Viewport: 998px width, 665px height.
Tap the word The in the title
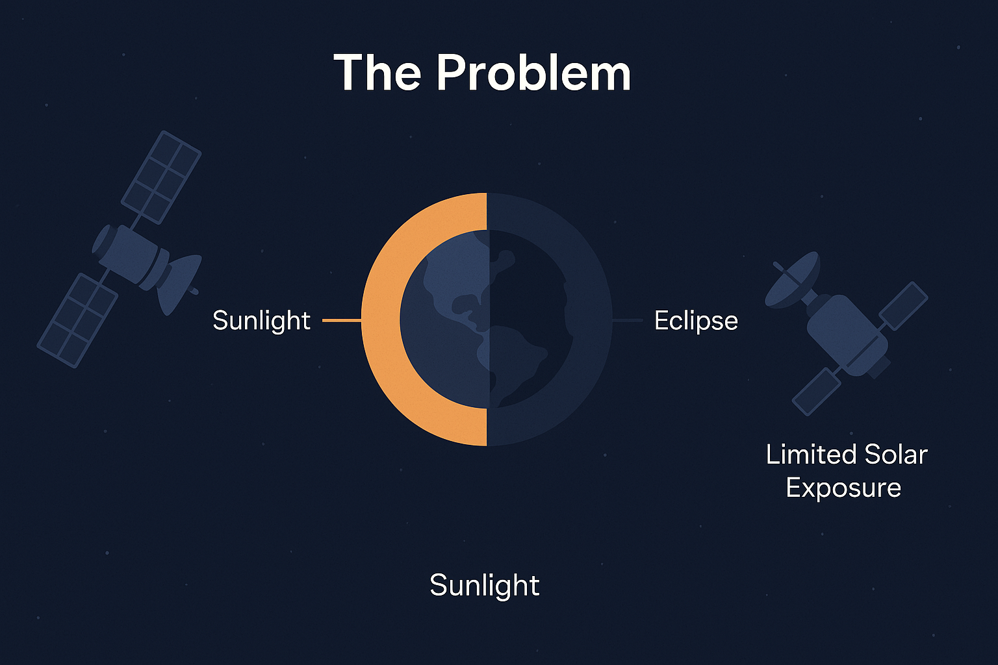tap(377, 73)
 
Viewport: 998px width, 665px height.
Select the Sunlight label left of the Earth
tap(262, 321)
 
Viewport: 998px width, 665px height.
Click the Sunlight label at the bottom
tap(484, 586)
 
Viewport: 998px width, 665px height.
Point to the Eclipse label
tap(696, 321)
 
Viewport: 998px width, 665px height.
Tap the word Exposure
tap(843, 488)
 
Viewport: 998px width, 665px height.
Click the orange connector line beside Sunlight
tap(342, 320)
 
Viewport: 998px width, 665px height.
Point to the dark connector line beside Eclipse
tap(627, 320)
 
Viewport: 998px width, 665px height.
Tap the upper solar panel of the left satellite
tap(161, 177)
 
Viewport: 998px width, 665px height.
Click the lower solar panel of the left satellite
tap(77, 321)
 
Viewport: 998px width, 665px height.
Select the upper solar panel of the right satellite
tap(903, 306)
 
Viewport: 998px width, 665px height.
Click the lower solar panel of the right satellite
tap(816, 392)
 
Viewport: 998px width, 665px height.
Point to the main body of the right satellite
tap(847, 336)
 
